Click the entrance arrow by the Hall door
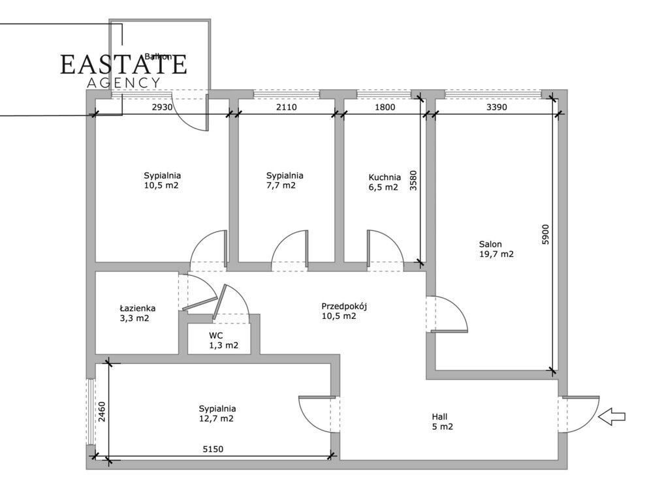coord(612,417)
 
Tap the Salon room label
coord(490,244)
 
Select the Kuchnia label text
coord(385,177)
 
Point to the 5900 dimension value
coord(545,235)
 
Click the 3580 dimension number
coord(413,181)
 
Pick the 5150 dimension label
coord(213,449)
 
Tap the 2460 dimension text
coord(101,412)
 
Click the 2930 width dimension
coord(162,107)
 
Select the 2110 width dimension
coord(287,107)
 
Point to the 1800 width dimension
coord(385,107)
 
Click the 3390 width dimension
coord(497,107)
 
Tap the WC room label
coord(215,335)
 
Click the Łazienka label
coord(137,308)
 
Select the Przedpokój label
coord(344,307)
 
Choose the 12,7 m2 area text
coord(217,419)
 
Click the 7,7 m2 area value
coord(281,185)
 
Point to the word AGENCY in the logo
coord(124,83)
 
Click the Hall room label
coord(439,417)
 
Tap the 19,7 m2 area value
coord(496,254)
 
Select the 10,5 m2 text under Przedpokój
coord(339,316)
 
